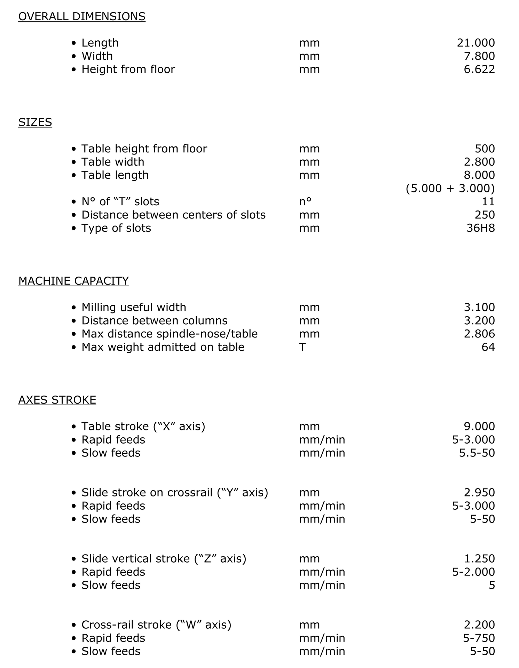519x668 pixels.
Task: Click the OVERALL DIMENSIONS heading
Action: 82,16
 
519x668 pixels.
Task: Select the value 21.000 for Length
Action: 475,43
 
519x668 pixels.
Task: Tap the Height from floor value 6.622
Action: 479,69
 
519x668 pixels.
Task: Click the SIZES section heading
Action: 35,122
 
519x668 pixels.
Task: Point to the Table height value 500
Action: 485,149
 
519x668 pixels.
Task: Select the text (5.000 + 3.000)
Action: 450,188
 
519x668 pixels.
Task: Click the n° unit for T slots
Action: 305,201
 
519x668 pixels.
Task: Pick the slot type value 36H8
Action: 480,228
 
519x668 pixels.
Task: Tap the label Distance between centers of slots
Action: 173,215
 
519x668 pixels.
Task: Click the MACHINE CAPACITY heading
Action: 73,281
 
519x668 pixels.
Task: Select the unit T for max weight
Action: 302,347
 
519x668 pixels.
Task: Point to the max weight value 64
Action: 488,347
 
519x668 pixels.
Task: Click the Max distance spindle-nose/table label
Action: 170,334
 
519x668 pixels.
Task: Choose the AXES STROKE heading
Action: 57,400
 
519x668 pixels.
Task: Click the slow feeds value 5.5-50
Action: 477,453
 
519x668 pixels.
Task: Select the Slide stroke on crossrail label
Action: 175,492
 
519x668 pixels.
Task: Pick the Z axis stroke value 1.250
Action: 479,558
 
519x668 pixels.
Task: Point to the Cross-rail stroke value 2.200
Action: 479,625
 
